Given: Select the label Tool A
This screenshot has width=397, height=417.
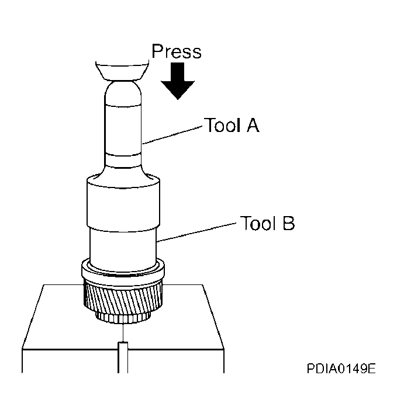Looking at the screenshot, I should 231,125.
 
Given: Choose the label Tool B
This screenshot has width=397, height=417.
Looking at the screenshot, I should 267,223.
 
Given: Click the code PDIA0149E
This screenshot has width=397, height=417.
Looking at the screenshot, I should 341,369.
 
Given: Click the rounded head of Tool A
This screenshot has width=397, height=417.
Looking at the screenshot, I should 123,93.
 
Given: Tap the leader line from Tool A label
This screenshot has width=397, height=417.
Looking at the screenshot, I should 172,134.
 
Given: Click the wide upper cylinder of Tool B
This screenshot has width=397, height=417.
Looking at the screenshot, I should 123,201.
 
